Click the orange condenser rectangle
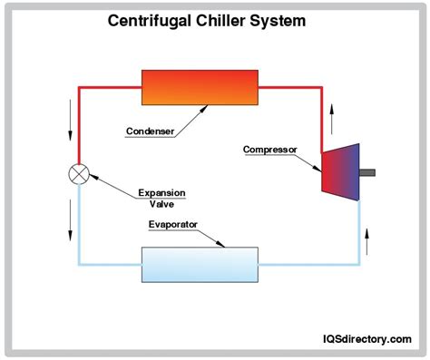tap(200, 88)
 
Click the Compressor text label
tap(270, 150)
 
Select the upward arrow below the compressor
tap(366, 241)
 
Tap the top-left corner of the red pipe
tap(79, 88)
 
